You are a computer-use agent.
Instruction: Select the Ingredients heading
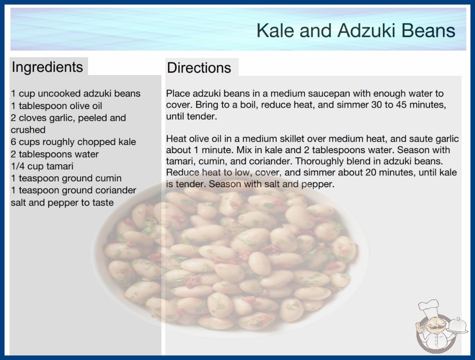(47, 67)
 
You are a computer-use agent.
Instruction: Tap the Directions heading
(199, 68)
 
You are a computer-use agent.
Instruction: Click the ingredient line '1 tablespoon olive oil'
(56, 106)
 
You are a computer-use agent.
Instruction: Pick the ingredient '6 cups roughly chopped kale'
(73, 142)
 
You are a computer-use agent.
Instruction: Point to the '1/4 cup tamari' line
(42, 166)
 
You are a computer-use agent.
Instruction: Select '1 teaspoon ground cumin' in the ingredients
(66, 178)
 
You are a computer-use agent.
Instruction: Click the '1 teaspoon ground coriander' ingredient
(74, 190)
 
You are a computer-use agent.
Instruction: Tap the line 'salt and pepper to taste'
(62, 203)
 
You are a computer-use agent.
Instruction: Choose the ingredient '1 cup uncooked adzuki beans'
(76, 94)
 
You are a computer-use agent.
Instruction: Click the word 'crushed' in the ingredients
(28, 130)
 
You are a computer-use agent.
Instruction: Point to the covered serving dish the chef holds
(457, 326)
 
